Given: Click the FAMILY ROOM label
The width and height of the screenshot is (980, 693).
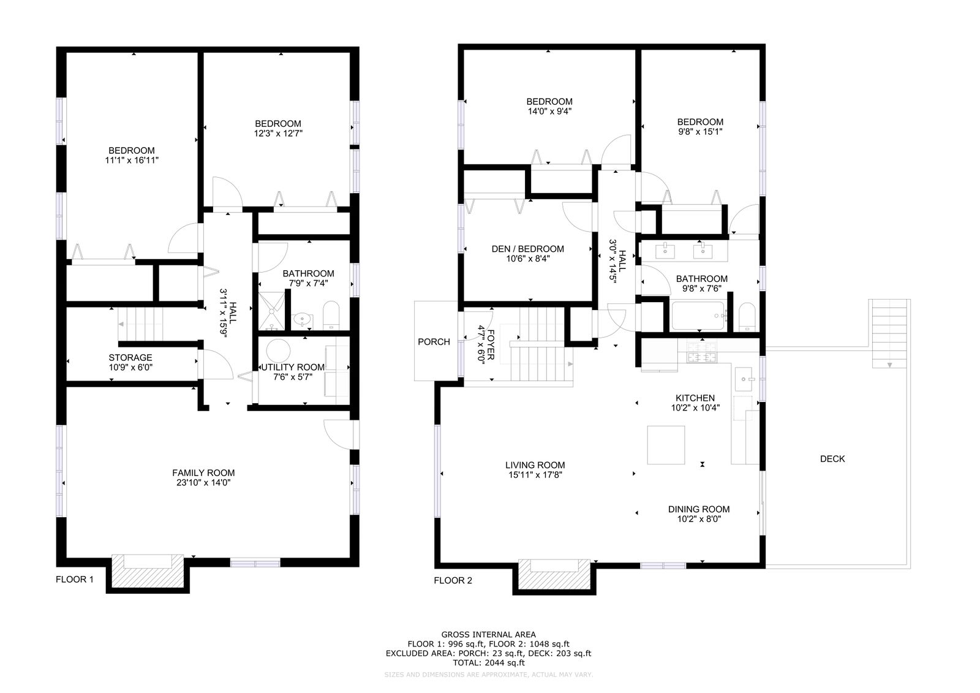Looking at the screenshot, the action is point(203,473).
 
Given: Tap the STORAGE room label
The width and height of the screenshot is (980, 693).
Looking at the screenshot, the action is point(130,358).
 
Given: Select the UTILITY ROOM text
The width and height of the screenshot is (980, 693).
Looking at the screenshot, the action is point(293,367).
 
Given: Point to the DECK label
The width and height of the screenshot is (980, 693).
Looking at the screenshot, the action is point(832,459).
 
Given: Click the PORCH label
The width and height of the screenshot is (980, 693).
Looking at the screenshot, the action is point(434,342).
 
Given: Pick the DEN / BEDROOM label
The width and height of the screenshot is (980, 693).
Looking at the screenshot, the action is point(527,249).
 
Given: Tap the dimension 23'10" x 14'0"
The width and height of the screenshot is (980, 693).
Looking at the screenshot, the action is point(203,483).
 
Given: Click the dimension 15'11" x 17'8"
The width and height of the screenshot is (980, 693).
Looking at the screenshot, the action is point(533,475).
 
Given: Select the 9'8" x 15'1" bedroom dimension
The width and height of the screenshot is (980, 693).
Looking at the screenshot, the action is point(700,132).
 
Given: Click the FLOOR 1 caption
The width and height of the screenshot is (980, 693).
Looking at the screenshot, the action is point(74,580).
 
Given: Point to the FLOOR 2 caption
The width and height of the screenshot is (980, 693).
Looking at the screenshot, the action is point(453,580).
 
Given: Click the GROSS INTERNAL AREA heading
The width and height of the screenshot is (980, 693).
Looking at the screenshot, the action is point(488,634).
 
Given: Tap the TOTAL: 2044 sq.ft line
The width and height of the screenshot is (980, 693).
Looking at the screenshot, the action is point(488,663).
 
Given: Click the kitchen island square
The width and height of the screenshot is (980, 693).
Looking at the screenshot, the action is point(666,445).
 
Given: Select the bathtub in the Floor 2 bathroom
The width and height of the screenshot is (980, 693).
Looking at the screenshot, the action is point(698,315).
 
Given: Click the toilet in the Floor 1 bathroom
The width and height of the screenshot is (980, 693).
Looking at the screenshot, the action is point(331,315).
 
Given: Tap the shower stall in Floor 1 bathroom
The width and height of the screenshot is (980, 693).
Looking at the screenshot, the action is point(271,311).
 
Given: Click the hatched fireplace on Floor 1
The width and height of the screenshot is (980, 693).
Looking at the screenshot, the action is point(148,571).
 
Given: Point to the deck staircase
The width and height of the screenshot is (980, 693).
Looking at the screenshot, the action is point(889,333).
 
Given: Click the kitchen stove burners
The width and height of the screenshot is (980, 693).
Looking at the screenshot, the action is point(702,352).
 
